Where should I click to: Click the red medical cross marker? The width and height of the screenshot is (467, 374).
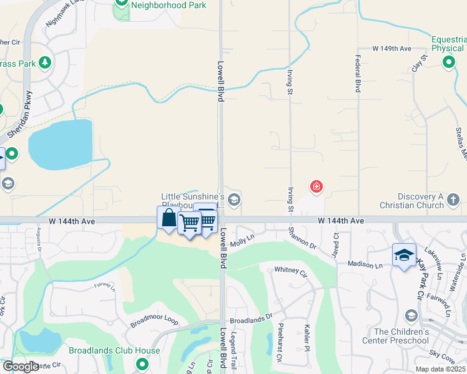(x=317, y=186)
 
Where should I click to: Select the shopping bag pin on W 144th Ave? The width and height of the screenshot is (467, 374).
(x=169, y=219)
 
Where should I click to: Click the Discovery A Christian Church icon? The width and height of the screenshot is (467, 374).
(x=454, y=200)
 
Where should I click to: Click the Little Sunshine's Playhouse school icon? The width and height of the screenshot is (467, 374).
(x=234, y=200)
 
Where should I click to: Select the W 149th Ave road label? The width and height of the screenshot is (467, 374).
(x=391, y=48)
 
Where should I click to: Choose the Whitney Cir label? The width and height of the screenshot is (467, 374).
(x=291, y=272)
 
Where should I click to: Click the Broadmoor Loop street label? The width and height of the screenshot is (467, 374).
(x=154, y=321)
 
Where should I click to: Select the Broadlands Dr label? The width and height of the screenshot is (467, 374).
(x=252, y=319)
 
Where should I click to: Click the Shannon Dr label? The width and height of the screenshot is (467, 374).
(x=302, y=237)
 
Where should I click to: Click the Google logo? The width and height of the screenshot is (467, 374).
(x=20, y=367)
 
